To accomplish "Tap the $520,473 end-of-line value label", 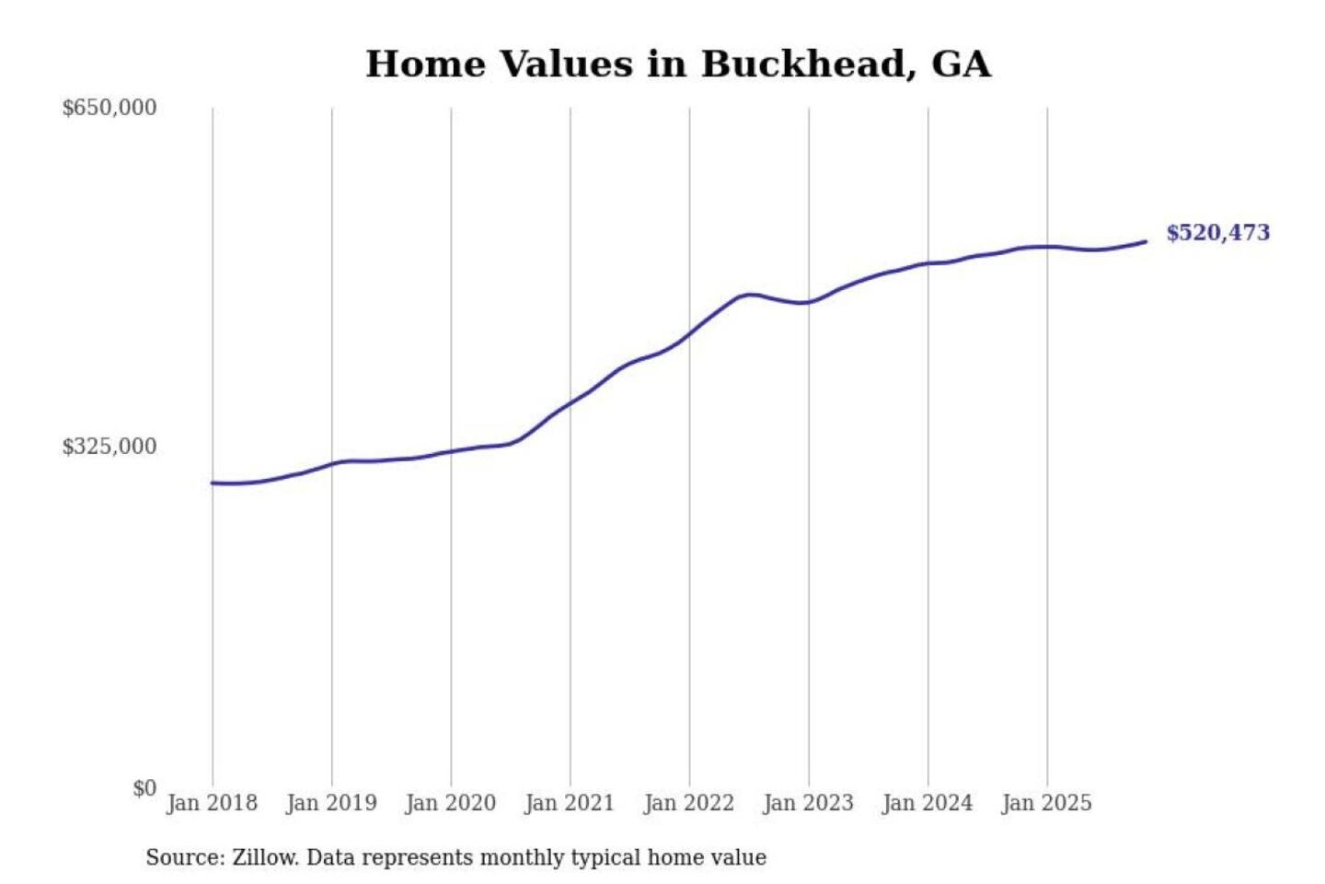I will coord(1217,233).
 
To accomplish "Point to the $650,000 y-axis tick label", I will coord(109,108).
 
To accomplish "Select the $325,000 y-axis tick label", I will coord(109,447).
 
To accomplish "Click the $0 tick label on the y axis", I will coord(144,788).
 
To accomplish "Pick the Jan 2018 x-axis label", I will coord(212,803).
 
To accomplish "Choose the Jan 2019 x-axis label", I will coord(331,803).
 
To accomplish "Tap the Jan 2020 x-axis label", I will coord(451,803).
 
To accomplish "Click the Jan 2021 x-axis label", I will coord(570,803).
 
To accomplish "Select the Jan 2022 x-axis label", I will coord(689,803).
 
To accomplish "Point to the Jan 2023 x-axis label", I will coord(809,803).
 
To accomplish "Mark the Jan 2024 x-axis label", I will coord(927,803).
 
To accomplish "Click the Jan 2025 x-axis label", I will coord(1047,803).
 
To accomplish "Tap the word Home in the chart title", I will coord(425,64).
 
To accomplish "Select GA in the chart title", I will coord(962,64).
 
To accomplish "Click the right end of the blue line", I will coord(1146,242).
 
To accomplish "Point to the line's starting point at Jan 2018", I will coord(213,483).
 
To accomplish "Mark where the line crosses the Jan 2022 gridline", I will coord(689,333).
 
